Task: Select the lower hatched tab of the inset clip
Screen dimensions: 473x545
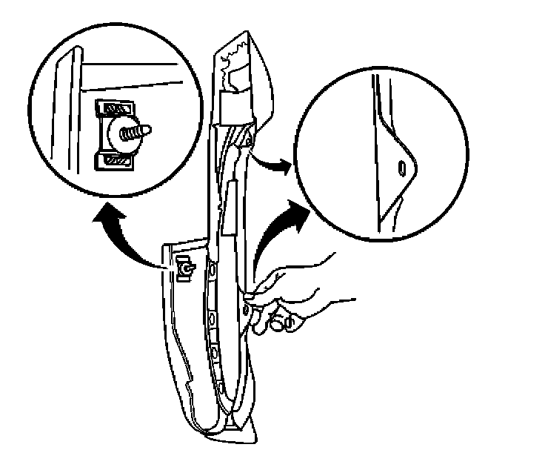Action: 116,159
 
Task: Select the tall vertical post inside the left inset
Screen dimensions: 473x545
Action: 70,111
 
